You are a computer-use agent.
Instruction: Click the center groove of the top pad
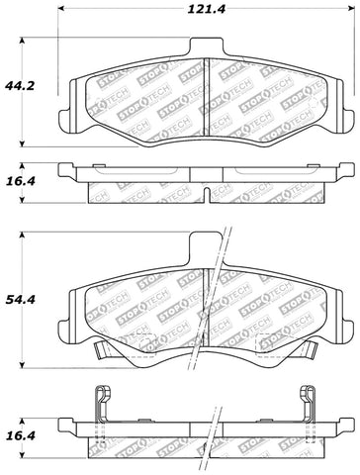coord(204,94)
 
